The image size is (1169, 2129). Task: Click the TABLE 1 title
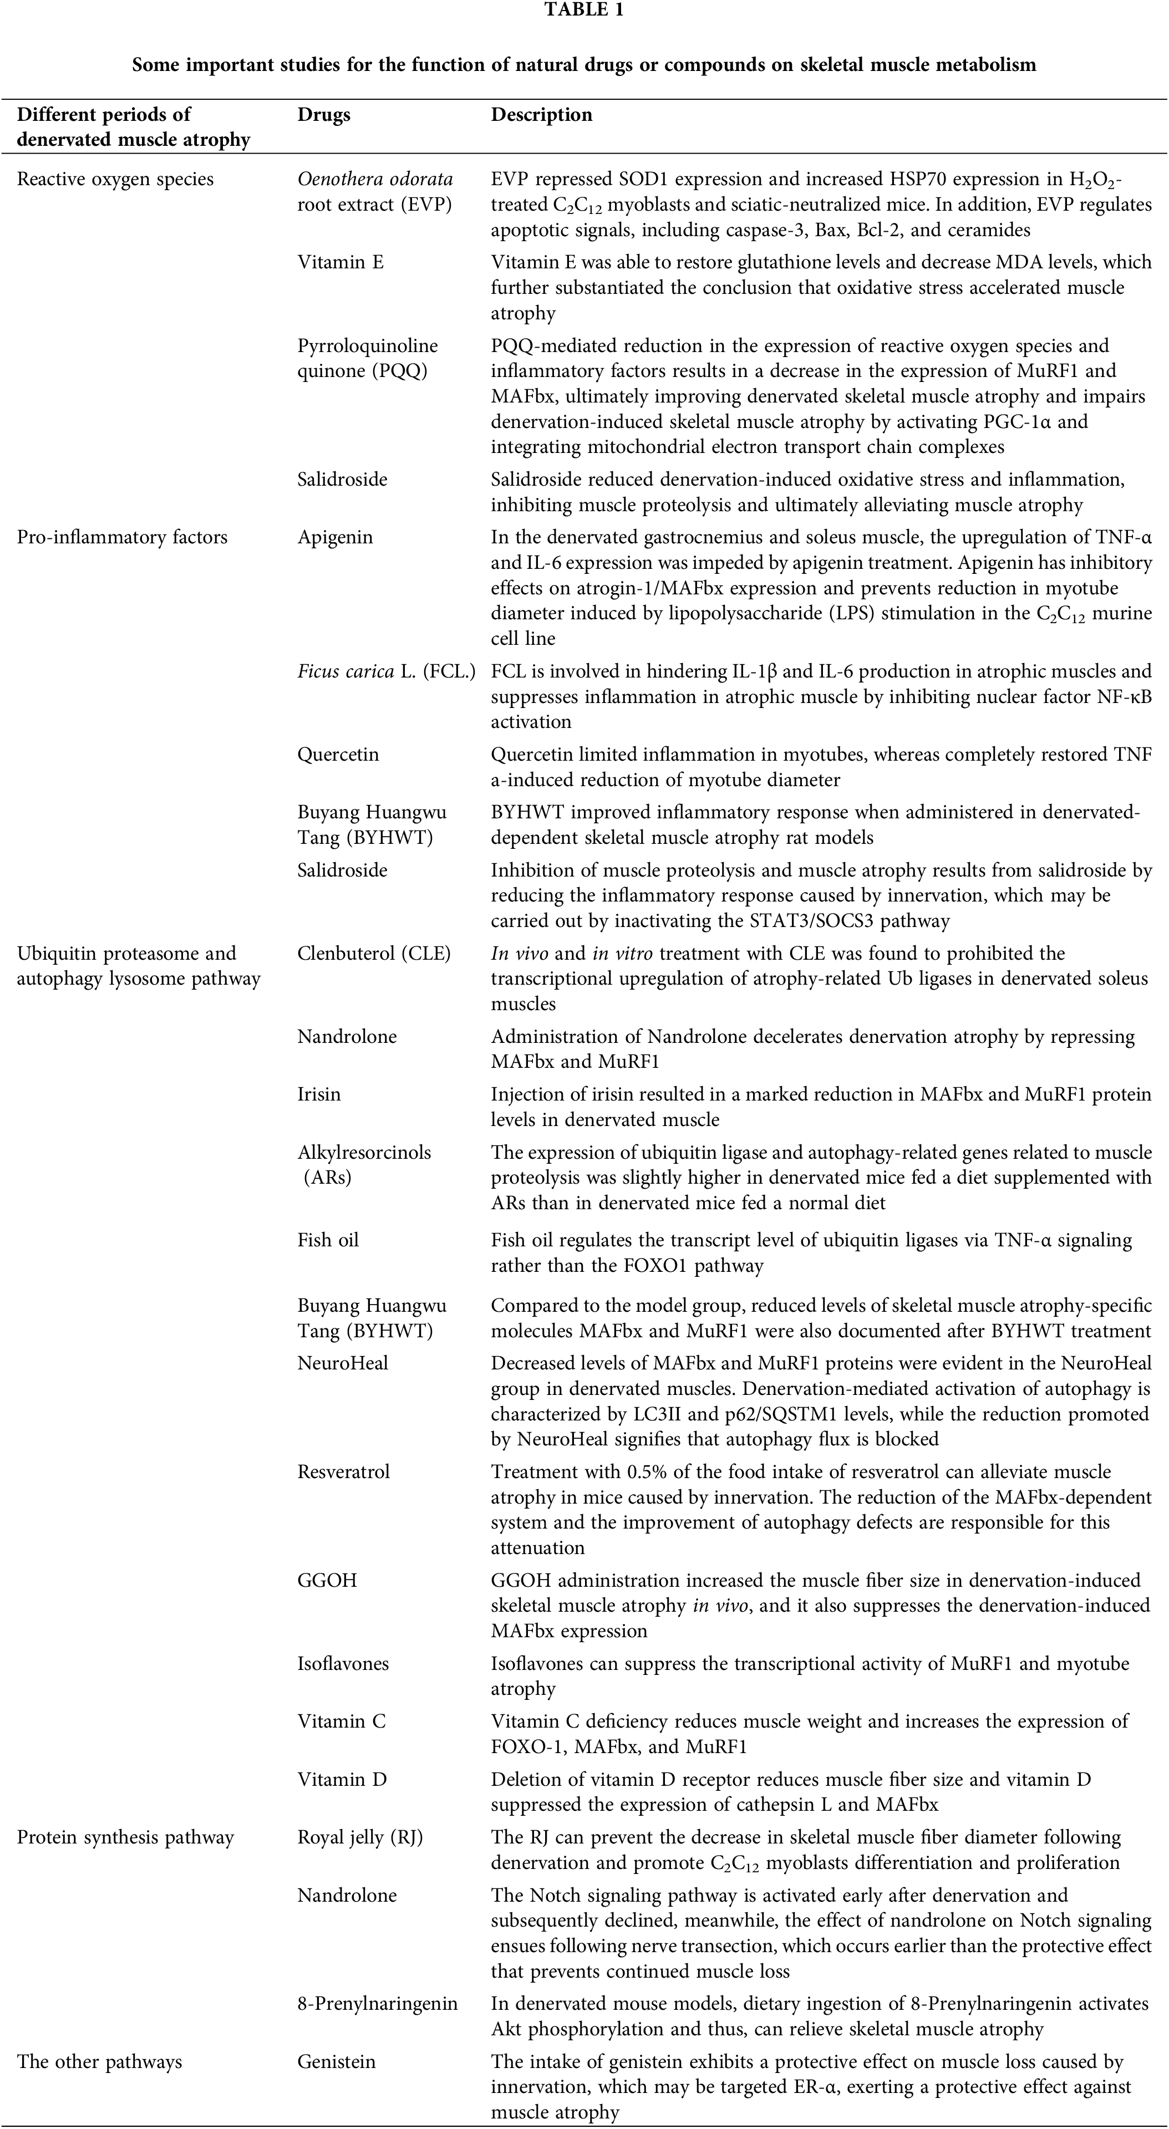[x=584, y=11]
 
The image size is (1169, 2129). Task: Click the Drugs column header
[x=323, y=115]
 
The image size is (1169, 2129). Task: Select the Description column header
[x=541, y=115]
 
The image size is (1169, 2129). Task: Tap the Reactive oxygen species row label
[x=115, y=179]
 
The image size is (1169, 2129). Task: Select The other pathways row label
[x=99, y=2062]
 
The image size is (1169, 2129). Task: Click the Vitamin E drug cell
[x=340, y=263]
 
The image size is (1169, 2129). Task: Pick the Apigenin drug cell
[x=335, y=537]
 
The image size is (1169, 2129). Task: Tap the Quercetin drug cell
[x=338, y=755]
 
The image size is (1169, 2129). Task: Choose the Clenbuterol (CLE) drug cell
[x=374, y=954]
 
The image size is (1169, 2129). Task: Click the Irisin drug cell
[x=319, y=1094]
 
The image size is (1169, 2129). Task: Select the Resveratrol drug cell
[x=343, y=1472]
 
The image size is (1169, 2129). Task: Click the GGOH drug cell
[x=327, y=1580]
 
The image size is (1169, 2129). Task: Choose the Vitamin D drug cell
[x=342, y=1779]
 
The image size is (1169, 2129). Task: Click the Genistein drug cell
[x=337, y=2062]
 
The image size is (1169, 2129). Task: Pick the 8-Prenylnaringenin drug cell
[x=377, y=2004]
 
